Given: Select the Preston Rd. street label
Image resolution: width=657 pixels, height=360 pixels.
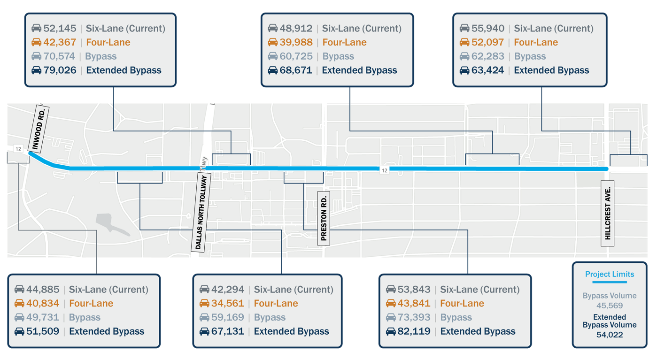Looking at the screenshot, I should (324, 219).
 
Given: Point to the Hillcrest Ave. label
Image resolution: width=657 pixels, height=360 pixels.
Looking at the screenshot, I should (608, 214).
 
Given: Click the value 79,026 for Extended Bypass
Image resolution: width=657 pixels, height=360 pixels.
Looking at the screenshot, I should (60, 70).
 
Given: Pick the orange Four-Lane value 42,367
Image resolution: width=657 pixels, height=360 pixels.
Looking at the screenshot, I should (60, 42).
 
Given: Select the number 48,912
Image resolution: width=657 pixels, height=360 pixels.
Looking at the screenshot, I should (296, 29).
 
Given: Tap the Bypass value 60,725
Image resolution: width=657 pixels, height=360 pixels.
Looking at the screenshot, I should (296, 56).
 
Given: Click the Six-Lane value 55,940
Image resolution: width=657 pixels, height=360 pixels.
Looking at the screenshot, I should (488, 29).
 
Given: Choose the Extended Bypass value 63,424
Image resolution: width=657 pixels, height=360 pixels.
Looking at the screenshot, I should (488, 70).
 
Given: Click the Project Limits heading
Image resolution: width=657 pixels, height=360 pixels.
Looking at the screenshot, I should (609, 274).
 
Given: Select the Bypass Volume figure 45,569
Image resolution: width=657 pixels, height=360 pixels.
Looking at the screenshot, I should (610, 306).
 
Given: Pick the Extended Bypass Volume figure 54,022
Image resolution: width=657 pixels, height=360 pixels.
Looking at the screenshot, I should (610, 335).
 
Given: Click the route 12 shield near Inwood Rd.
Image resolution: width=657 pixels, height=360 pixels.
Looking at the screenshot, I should (18, 149).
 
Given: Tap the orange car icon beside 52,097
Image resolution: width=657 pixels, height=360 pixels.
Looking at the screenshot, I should (464, 43).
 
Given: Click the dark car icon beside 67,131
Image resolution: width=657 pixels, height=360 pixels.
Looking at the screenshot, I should (204, 332).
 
